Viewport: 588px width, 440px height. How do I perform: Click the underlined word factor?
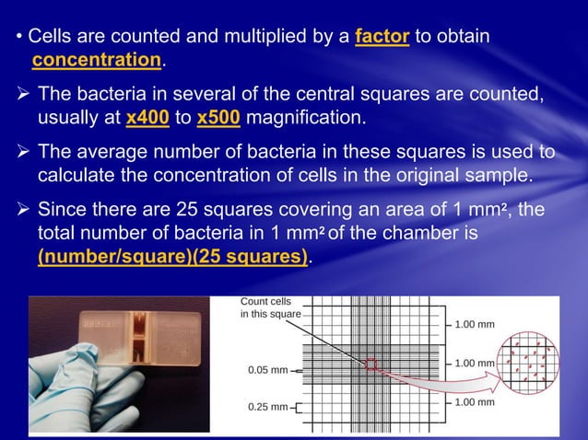(380, 38)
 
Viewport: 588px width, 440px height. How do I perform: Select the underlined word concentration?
(96, 61)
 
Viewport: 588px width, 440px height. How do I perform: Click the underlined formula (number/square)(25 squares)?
(172, 255)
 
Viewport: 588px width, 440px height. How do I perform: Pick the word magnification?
(304, 119)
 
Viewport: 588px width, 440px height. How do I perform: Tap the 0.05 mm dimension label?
(267, 370)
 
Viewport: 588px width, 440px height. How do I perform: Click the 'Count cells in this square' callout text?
(270, 307)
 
